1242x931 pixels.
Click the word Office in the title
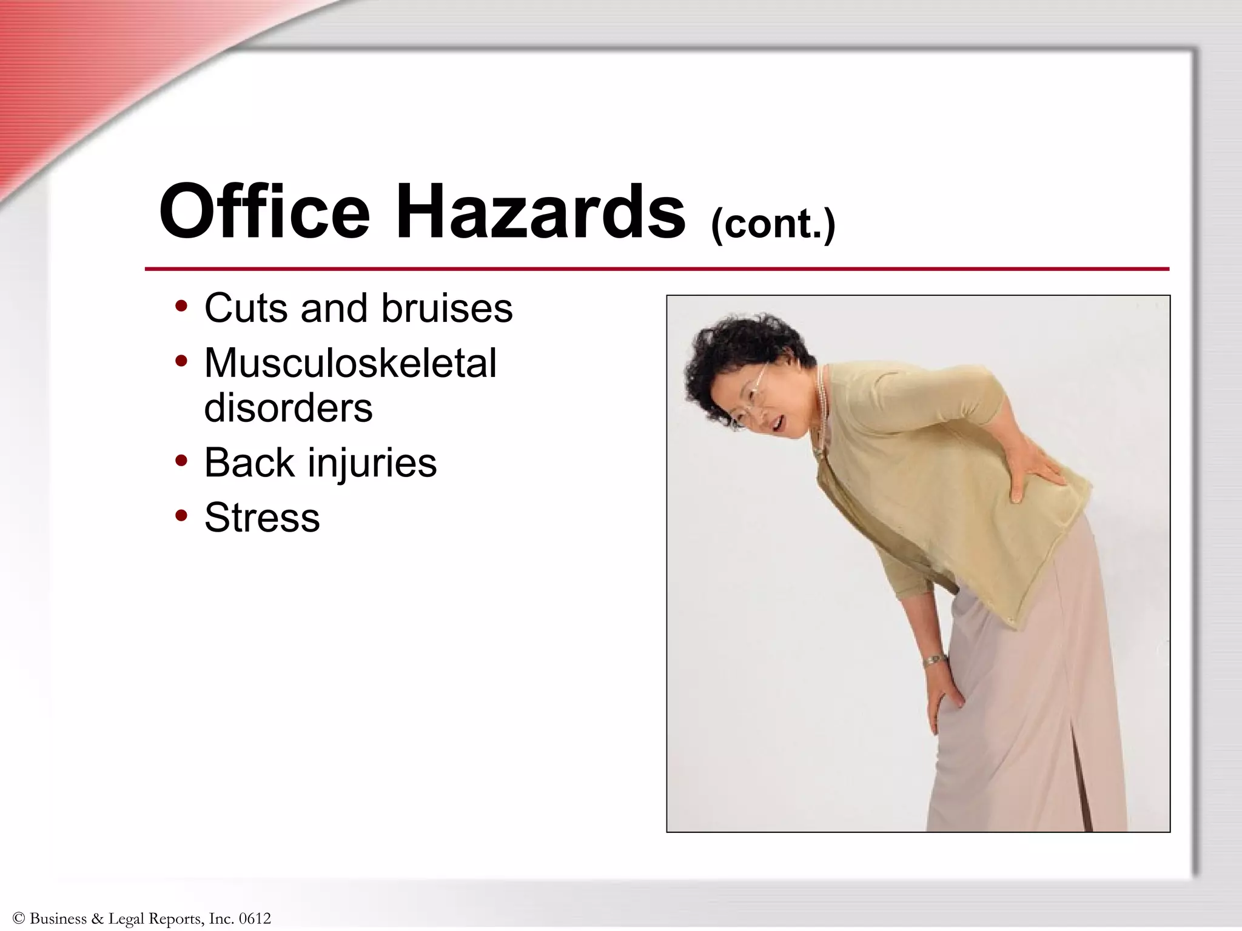click(264, 212)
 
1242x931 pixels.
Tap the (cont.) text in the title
click(773, 224)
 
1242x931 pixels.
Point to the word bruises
click(447, 308)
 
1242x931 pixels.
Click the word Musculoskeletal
click(351, 364)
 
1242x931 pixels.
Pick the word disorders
click(288, 407)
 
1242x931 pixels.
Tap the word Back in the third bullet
click(249, 462)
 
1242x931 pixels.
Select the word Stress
click(262, 518)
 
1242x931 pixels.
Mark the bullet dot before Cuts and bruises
click(181, 307)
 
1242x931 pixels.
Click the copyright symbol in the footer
click(18, 919)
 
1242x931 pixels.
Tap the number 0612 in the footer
click(255, 919)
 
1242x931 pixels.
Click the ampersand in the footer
click(98, 919)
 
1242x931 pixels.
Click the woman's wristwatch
click(935, 660)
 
